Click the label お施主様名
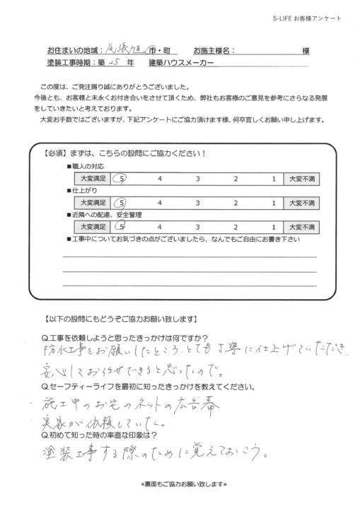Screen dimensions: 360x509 [211, 52]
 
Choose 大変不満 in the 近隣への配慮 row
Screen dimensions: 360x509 [301, 227]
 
